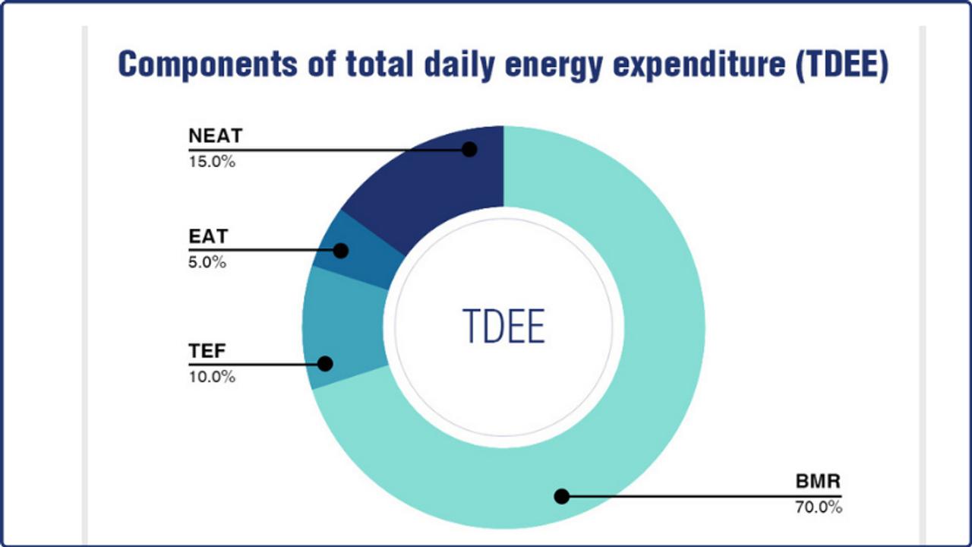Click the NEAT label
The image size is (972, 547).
point(215,137)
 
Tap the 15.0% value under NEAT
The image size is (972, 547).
point(212,161)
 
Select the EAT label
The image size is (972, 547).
point(208,237)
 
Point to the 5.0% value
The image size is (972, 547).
point(207,262)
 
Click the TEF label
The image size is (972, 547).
point(207,352)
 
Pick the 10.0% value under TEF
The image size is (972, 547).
point(212,376)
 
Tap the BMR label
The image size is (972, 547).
point(819,482)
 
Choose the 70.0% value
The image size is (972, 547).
point(819,507)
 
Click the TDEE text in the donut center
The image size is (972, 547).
point(503,327)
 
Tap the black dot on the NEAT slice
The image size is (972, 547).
point(469,150)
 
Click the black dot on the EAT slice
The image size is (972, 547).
point(341,250)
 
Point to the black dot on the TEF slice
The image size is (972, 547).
point(325,364)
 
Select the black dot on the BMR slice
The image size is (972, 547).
point(561,497)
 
